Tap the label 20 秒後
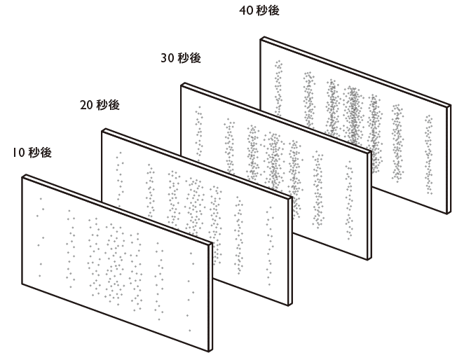pyautogui.click(x=100, y=105)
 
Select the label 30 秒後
pyautogui.click(x=181, y=59)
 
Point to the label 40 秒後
pyautogui.click(x=259, y=11)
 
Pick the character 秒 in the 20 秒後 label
pyautogui.click(x=103, y=105)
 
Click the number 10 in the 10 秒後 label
pyautogui.click(x=18, y=151)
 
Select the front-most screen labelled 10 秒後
pyautogui.click(x=116, y=263)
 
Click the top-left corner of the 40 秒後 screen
pyautogui.click(x=261, y=38)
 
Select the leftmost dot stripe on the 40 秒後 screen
pyautogui.click(x=278, y=88)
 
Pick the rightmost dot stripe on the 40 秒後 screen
pyautogui.click(x=429, y=151)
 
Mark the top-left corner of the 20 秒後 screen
pyautogui.click(x=102, y=130)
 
